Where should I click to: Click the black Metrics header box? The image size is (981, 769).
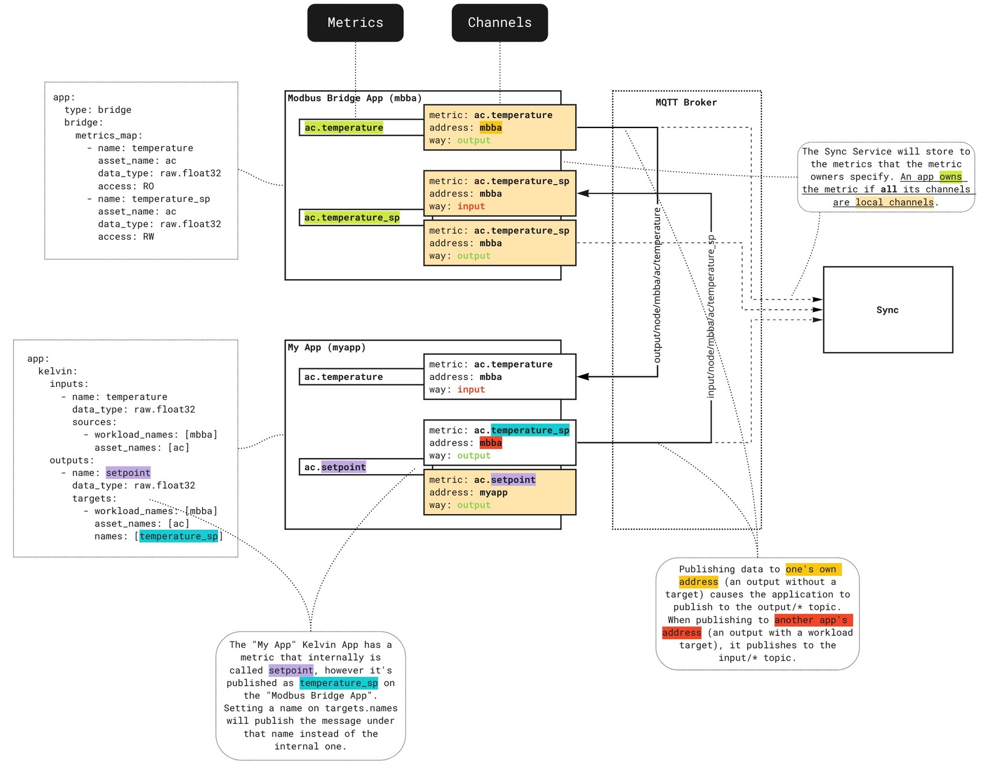[355, 23]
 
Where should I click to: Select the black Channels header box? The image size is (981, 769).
[499, 23]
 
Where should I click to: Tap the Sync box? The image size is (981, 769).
[887, 310]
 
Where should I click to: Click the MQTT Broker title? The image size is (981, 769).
[686, 102]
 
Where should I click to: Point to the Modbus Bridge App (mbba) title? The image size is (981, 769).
[354, 98]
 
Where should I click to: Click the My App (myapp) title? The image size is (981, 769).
[327, 347]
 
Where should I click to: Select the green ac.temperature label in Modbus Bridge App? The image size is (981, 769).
[343, 127]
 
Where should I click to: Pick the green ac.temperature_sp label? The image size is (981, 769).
[352, 218]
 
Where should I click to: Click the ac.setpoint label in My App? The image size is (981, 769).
[335, 467]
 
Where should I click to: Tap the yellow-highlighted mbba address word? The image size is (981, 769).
[490, 128]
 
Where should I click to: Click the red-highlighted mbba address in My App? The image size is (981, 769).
[490, 443]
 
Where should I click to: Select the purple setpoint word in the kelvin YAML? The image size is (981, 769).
[128, 473]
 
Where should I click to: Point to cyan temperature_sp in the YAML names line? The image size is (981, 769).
[179, 536]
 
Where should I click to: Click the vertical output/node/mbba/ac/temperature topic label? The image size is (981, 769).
[657, 285]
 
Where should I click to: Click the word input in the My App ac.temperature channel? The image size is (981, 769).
[471, 390]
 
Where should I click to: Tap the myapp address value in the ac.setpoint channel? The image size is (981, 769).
[493, 493]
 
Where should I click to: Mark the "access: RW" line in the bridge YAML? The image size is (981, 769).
[126, 237]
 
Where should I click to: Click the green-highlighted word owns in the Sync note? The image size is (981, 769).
[950, 177]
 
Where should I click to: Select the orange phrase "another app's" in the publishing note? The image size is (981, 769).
[811, 620]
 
